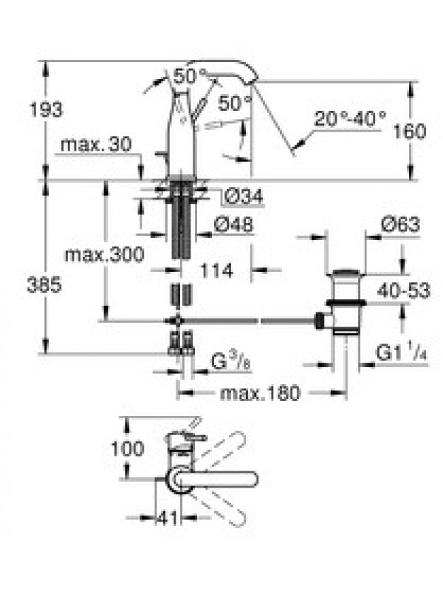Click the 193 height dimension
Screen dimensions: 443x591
tap(46, 109)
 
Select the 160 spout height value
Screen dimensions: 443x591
tap(410, 131)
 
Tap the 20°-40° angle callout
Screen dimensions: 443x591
tap(350, 118)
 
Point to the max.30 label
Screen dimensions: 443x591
tap(96, 143)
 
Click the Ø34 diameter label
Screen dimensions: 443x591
tap(244, 196)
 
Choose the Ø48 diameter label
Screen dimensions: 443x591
tap(233, 225)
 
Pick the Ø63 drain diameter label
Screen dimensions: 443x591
tap(400, 225)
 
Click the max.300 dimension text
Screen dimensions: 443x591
tap(104, 254)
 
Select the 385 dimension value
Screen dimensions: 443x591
tap(44, 284)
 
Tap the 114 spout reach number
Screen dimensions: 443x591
tap(216, 270)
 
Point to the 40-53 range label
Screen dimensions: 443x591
tap(404, 290)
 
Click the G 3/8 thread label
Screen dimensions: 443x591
tap(230, 361)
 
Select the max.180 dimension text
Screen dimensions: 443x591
tap(261, 393)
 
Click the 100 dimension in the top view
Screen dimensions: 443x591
tap(127, 448)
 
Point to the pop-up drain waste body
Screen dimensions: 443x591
tap(346, 301)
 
